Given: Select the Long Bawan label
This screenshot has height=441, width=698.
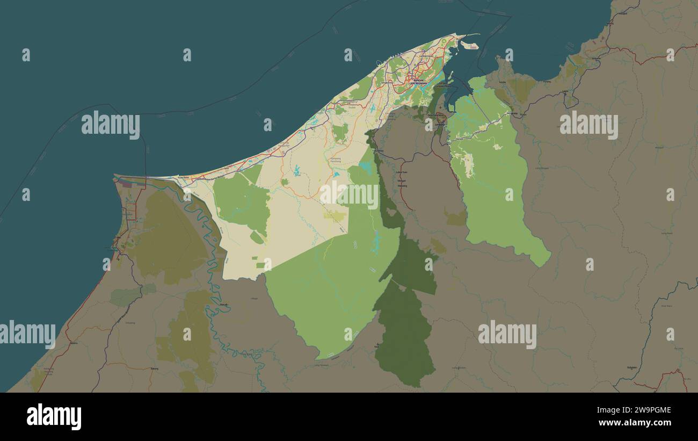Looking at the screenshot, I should (x=667, y=233).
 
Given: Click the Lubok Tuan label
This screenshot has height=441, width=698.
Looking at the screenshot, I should (x=402, y=172).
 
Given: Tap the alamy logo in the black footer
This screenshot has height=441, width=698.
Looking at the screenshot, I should (x=54, y=416).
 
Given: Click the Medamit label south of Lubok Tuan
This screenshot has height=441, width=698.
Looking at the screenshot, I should (x=402, y=186).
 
